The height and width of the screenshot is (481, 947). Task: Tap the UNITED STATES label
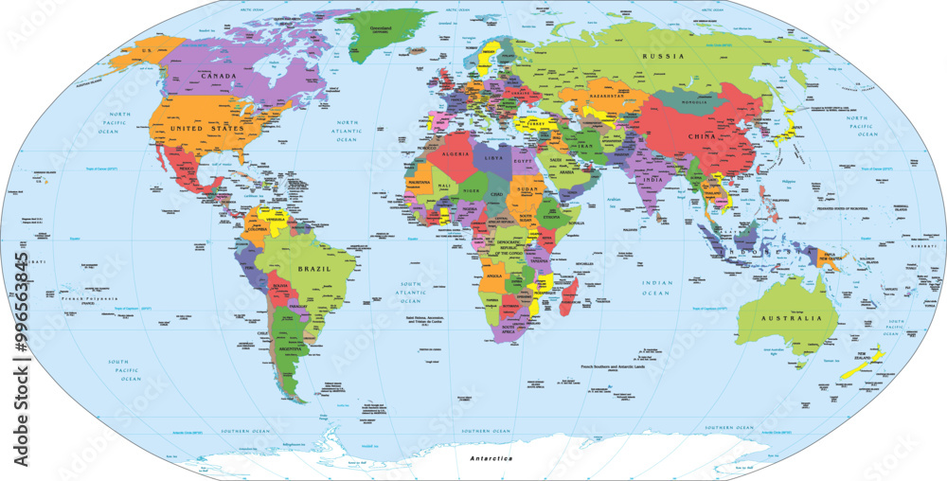coord(206,126)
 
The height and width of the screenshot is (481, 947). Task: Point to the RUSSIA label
coord(664,56)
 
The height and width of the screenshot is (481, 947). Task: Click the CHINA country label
coord(703,136)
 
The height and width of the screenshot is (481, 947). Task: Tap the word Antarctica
coord(491,458)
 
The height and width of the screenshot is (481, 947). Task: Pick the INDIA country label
coord(649,179)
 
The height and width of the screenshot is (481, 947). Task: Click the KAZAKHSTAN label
coord(608,97)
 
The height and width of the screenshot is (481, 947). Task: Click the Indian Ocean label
coord(656,288)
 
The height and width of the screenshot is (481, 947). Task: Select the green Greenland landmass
coord(384,33)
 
